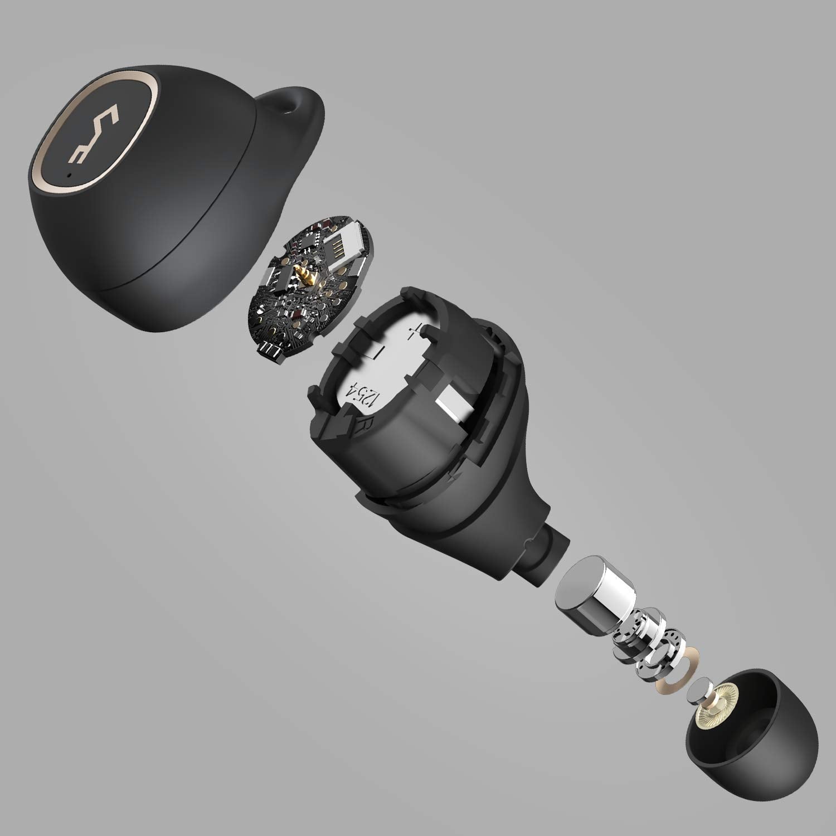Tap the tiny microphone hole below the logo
[69, 174]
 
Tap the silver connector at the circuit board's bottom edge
[271, 350]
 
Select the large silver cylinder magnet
[595, 595]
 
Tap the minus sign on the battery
[379, 352]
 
